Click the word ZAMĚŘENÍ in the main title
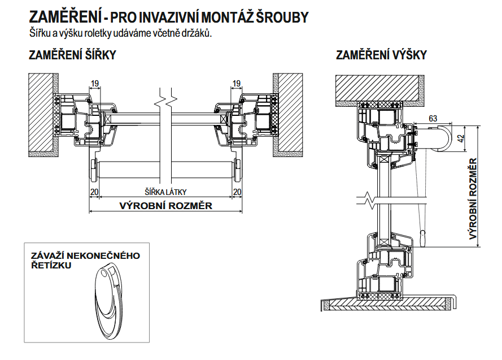point(66,17)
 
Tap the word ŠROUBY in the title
point(282,18)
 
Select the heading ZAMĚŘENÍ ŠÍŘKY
point(72,55)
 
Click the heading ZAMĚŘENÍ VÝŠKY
point(381,55)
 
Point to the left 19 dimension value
point(95,84)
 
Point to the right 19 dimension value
point(236,84)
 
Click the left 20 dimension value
point(94,192)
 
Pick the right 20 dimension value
point(237,192)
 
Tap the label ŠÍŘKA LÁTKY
point(165,192)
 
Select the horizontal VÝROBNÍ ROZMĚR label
point(166,206)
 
